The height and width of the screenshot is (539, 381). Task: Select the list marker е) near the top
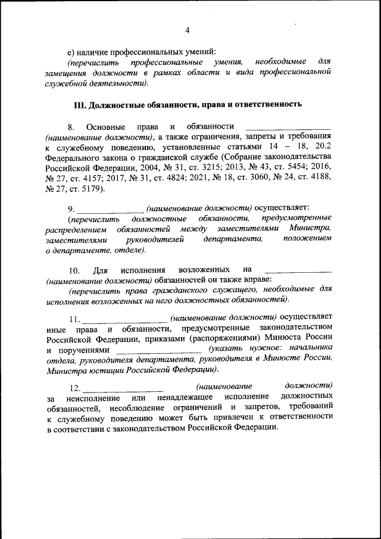(x=71, y=51)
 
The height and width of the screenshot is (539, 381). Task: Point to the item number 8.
(x=71, y=127)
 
